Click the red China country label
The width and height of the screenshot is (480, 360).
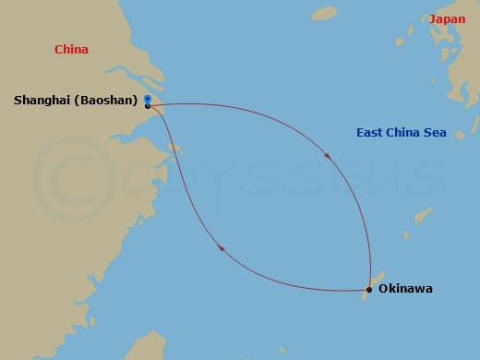[x=71, y=50]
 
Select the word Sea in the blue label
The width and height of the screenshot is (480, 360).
[x=436, y=133]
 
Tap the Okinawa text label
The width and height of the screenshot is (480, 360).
[x=405, y=289]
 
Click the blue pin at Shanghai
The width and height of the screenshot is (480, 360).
[x=148, y=97]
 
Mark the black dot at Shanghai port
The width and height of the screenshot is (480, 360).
[x=148, y=105]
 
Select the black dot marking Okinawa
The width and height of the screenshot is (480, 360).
[x=369, y=290]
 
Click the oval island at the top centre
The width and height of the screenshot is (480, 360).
[x=324, y=14]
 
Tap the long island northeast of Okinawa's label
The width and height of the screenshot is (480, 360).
[x=423, y=216]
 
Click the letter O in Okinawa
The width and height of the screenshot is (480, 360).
[x=383, y=289]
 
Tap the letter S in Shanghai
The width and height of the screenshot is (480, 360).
[x=18, y=99]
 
